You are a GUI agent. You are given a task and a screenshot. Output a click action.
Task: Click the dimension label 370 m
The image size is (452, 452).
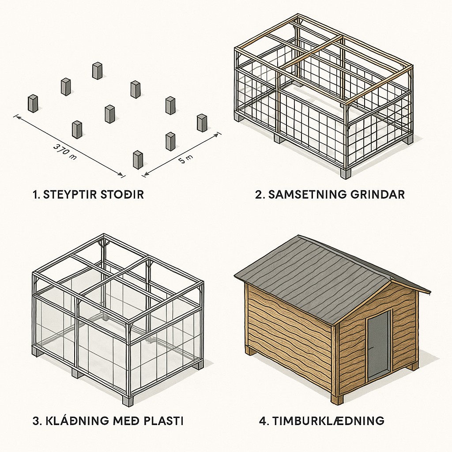64,152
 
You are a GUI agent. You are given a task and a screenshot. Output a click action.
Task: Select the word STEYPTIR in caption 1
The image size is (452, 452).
69,195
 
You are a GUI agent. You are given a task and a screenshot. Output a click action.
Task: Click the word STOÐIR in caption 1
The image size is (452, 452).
122,195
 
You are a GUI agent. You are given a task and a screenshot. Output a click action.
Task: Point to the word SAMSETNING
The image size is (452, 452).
307,195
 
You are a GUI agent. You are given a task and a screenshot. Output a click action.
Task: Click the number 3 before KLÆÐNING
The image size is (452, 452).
36,421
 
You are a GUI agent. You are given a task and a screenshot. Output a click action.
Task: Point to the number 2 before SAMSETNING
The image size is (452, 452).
259,195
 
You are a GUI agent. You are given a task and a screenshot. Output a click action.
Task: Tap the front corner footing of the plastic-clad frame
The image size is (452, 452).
127,401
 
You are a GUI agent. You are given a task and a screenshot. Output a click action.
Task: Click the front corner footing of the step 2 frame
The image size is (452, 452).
345,173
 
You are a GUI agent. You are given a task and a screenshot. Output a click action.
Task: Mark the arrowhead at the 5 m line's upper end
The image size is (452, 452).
216,135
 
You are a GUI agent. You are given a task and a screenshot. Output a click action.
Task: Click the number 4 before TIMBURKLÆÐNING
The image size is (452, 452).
263,421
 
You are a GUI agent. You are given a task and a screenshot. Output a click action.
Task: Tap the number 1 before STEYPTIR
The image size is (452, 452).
36,195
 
